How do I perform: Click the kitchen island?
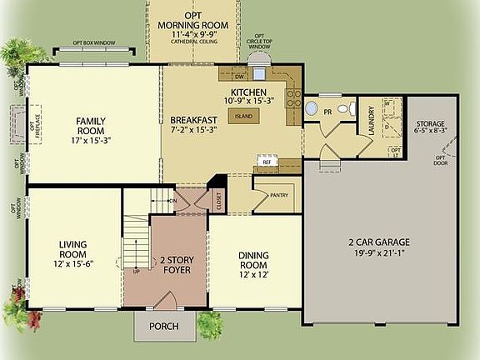coord(243,117)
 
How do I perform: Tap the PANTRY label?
coord(279,196)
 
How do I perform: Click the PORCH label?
coord(162,326)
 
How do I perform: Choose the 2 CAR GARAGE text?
coord(378,242)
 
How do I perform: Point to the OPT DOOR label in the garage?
coord(438,158)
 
